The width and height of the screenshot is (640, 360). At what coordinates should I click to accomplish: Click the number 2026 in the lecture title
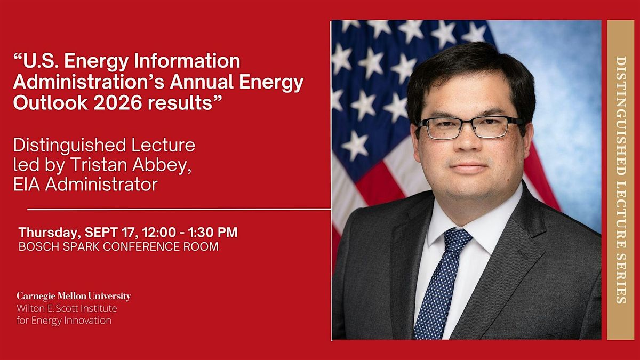tap(118, 103)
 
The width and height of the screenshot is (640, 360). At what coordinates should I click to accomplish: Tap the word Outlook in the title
tap(51, 103)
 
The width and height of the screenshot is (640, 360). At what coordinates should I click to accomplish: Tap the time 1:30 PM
tap(213, 232)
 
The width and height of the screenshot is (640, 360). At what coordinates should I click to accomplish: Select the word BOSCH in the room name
tap(39, 246)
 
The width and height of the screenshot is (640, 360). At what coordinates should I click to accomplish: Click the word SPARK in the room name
tap(81, 246)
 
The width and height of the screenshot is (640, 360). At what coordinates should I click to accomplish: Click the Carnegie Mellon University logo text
tap(74, 297)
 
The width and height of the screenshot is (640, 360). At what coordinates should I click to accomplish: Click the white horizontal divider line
tap(179, 210)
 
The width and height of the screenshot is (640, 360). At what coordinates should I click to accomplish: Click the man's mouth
tap(468, 167)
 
